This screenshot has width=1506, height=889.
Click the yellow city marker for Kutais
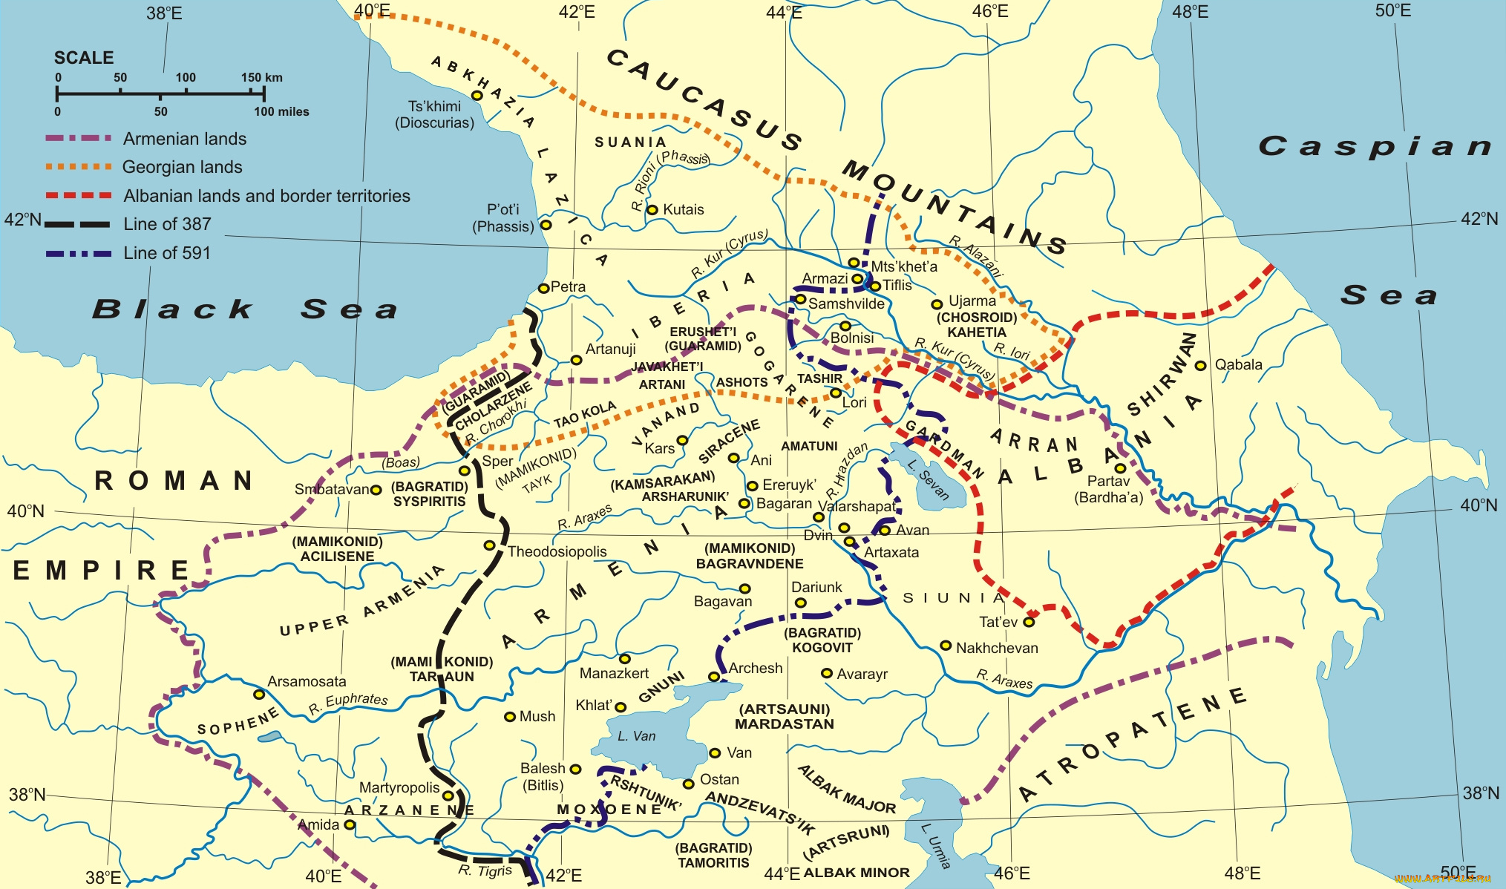652,210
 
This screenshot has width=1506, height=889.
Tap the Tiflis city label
897,285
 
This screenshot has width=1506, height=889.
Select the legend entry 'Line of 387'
167,224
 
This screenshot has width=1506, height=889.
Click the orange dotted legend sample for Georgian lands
78,167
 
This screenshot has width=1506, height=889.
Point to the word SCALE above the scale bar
84,58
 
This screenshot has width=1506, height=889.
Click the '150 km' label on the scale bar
261,77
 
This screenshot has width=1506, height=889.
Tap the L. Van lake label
637,736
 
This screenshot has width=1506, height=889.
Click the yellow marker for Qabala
1200,365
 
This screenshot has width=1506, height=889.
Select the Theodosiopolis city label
557,551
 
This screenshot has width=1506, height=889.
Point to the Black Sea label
245,309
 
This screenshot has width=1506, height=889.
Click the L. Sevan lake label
928,479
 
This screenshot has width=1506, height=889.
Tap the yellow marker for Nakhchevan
946,646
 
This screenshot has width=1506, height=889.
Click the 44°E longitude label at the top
784,12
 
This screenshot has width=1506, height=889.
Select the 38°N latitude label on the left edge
27,794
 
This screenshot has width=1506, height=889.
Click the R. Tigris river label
485,870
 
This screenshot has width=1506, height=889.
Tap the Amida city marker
350,824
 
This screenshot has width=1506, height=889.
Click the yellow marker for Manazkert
625,659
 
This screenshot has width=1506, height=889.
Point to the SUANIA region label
630,142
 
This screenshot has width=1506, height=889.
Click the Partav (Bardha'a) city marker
1120,468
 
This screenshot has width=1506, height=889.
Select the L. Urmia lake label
936,846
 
